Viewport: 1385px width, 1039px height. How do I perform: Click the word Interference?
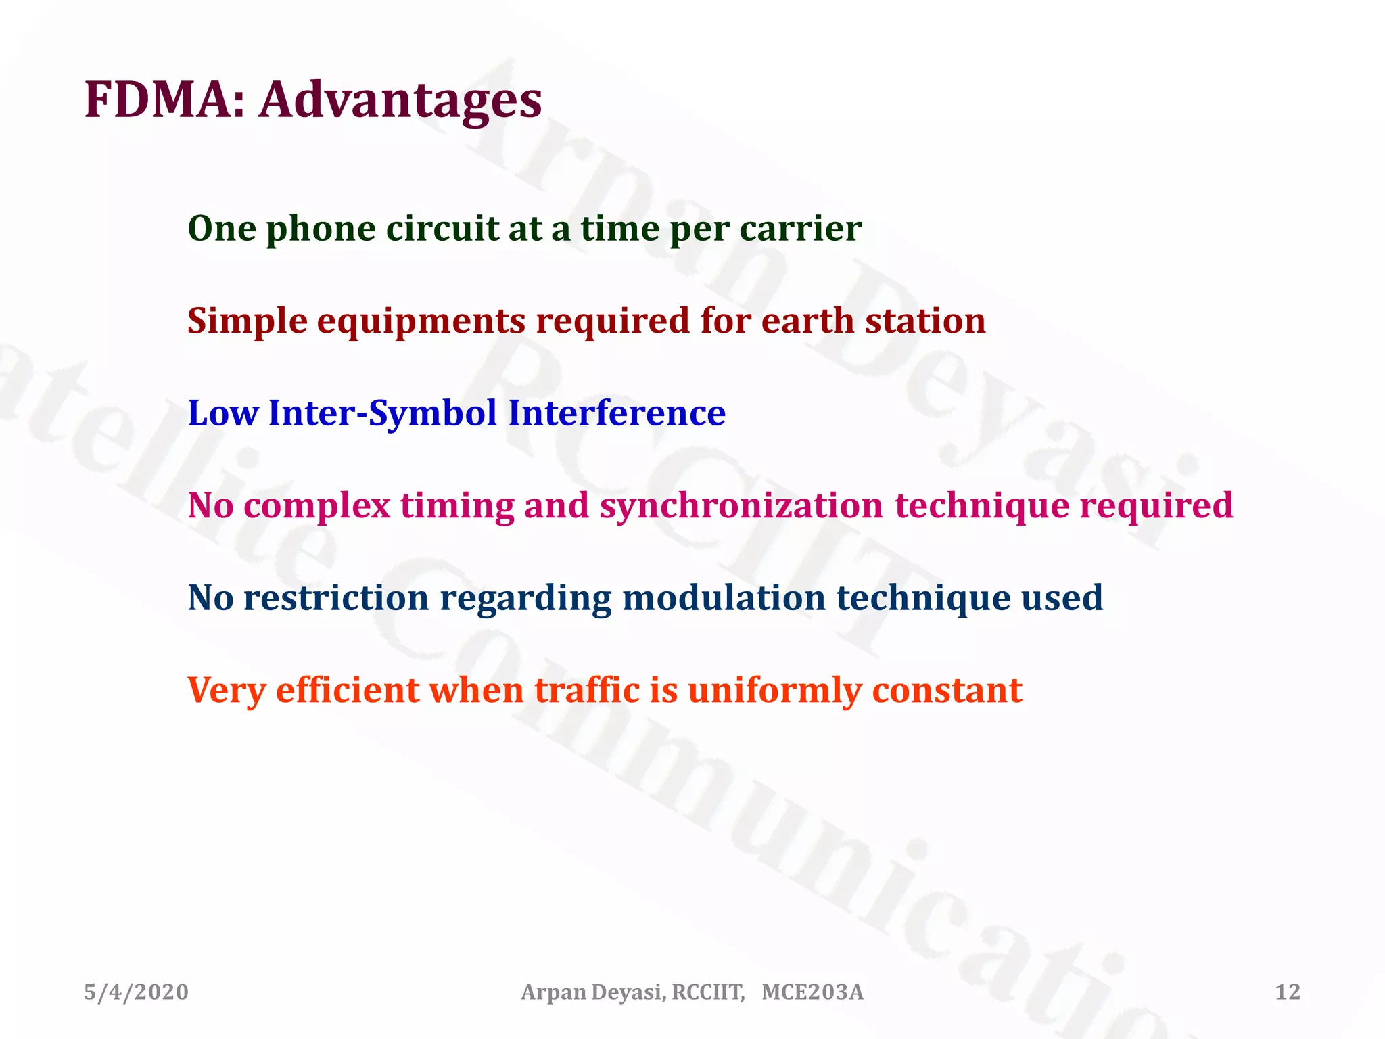[x=617, y=413]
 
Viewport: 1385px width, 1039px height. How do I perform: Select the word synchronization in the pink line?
[x=741, y=507]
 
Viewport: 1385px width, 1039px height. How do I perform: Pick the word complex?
[x=316, y=507]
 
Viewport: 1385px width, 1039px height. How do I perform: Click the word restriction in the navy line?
[x=336, y=598]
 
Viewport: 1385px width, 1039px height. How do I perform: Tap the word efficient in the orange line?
[x=348, y=691]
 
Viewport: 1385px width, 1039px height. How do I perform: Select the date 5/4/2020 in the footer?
[x=136, y=992]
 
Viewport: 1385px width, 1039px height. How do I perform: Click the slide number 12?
[x=1288, y=992]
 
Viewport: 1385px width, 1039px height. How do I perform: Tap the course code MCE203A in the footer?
[x=812, y=992]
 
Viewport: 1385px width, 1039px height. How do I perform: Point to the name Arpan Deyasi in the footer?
[x=593, y=992]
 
